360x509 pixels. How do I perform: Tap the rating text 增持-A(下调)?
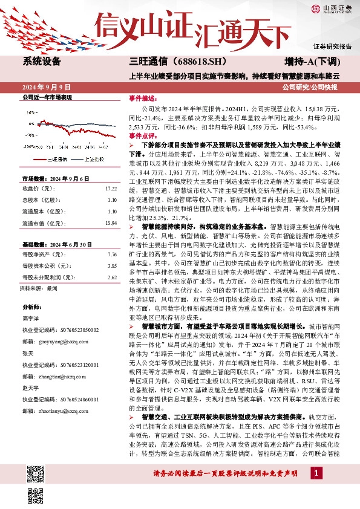tap(312, 62)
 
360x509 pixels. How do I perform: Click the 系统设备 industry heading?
tap(42, 62)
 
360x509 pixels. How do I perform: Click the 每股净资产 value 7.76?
tap(111, 254)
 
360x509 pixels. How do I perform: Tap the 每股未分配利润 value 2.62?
tap(111, 277)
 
